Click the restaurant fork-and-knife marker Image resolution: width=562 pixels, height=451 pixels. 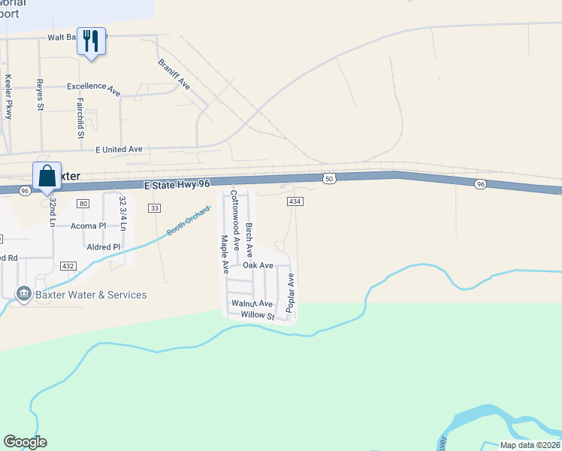(91, 41)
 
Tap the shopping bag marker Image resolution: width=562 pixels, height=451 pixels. (47, 176)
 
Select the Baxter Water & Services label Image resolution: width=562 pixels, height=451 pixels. (83, 295)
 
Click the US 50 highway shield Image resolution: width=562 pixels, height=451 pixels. (329, 177)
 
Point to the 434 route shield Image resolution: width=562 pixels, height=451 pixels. (295, 201)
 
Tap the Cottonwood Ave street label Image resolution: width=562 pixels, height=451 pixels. (234, 210)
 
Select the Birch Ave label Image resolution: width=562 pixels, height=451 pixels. (249, 235)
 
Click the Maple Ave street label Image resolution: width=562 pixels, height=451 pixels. (224, 254)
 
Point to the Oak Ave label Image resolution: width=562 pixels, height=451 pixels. (257, 265)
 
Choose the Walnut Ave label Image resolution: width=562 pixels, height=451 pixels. (252, 304)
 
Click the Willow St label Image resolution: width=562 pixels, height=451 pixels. (253, 316)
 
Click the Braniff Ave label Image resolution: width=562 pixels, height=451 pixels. (174, 74)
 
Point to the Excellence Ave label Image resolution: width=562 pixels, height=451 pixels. (93, 88)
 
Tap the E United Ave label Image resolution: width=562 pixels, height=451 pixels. (119, 150)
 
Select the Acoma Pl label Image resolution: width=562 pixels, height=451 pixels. (88, 225)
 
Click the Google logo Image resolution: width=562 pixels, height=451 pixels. (25, 442)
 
